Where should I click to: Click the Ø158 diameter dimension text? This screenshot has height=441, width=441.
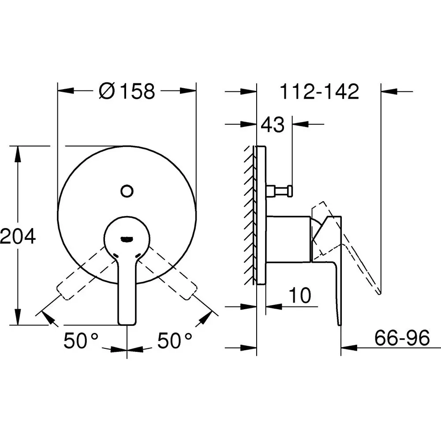(x=127, y=91)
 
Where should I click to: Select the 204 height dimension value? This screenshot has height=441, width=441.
(x=18, y=237)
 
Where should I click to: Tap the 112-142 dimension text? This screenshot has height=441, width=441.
(x=320, y=91)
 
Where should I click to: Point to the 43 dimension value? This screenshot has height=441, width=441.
(x=272, y=125)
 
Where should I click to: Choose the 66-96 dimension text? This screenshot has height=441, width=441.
(x=402, y=339)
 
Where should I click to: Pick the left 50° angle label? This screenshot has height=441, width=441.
(x=82, y=341)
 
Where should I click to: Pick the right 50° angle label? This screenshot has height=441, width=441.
(x=175, y=341)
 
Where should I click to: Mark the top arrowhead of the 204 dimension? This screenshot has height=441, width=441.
(x=18, y=153)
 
